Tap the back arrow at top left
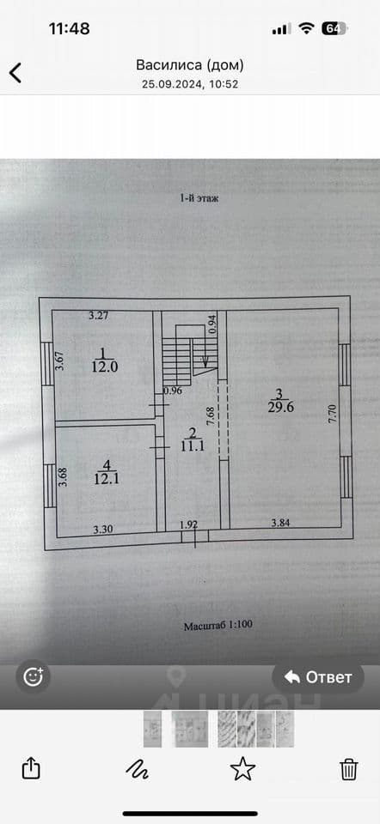coord(15,72)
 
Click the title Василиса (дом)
coord(190,65)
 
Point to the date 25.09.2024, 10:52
coord(190,84)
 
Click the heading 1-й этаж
coord(199,198)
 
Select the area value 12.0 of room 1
coord(104,367)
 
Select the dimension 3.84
coord(280,523)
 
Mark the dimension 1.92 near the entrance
coord(188,524)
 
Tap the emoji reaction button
coord(34,676)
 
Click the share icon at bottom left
coord(31,769)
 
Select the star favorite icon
coord(242,769)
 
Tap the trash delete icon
coord(348,769)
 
